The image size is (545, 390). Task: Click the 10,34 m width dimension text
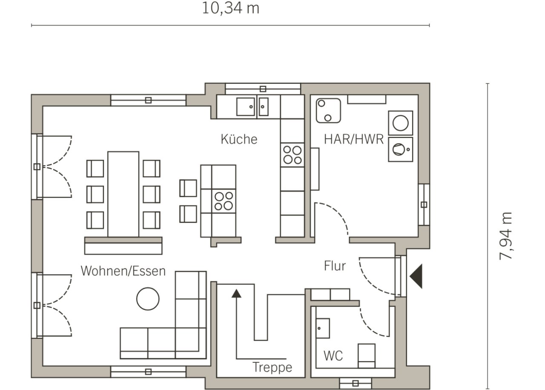pyautogui.click(x=230, y=8)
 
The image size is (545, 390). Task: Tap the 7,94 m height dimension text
pyautogui.click(x=505, y=236)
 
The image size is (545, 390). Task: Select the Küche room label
pyautogui.click(x=239, y=139)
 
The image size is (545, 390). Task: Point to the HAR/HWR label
pyautogui.click(x=354, y=139)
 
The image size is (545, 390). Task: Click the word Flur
pyautogui.click(x=335, y=266)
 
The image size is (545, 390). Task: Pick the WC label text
pyautogui.click(x=333, y=356)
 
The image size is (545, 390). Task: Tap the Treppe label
pyautogui.click(x=272, y=367)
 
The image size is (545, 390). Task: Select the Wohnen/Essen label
pyautogui.click(x=123, y=271)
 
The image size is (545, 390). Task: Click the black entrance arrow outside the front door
pyautogui.click(x=416, y=276)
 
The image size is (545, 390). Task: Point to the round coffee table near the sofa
pyautogui.click(x=148, y=298)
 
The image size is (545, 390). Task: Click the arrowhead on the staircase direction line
pyautogui.click(x=236, y=293)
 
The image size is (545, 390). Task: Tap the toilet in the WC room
pyautogui.click(x=367, y=356)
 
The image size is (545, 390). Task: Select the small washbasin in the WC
pyautogui.click(x=323, y=328)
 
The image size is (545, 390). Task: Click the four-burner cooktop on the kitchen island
pyautogui.click(x=224, y=201)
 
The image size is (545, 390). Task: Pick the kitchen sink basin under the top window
pyautogui.click(x=246, y=106)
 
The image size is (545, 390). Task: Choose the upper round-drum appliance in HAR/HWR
pyautogui.click(x=401, y=123)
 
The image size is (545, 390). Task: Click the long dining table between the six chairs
pyautogui.click(x=123, y=194)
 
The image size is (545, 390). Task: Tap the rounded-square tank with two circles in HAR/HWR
pyautogui.click(x=328, y=111)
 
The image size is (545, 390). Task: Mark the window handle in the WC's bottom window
pyautogui.click(x=356, y=384)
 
